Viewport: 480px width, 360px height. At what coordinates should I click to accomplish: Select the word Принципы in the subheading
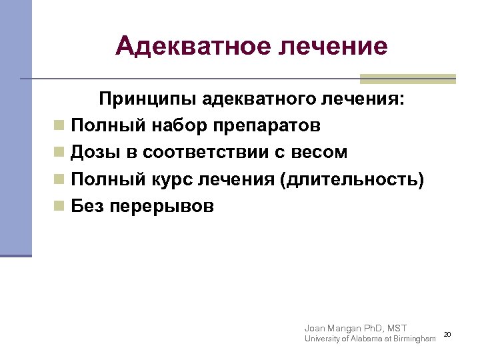[x=141, y=99]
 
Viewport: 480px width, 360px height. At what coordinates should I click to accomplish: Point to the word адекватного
[x=253, y=99]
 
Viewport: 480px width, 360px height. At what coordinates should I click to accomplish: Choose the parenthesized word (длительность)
[x=352, y=179]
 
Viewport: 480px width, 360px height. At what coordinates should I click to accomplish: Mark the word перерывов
[x=161, y=206]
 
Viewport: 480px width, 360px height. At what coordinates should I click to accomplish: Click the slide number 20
[x=447, y=334]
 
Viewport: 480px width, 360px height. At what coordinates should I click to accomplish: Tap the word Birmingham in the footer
[x=413, y=339]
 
